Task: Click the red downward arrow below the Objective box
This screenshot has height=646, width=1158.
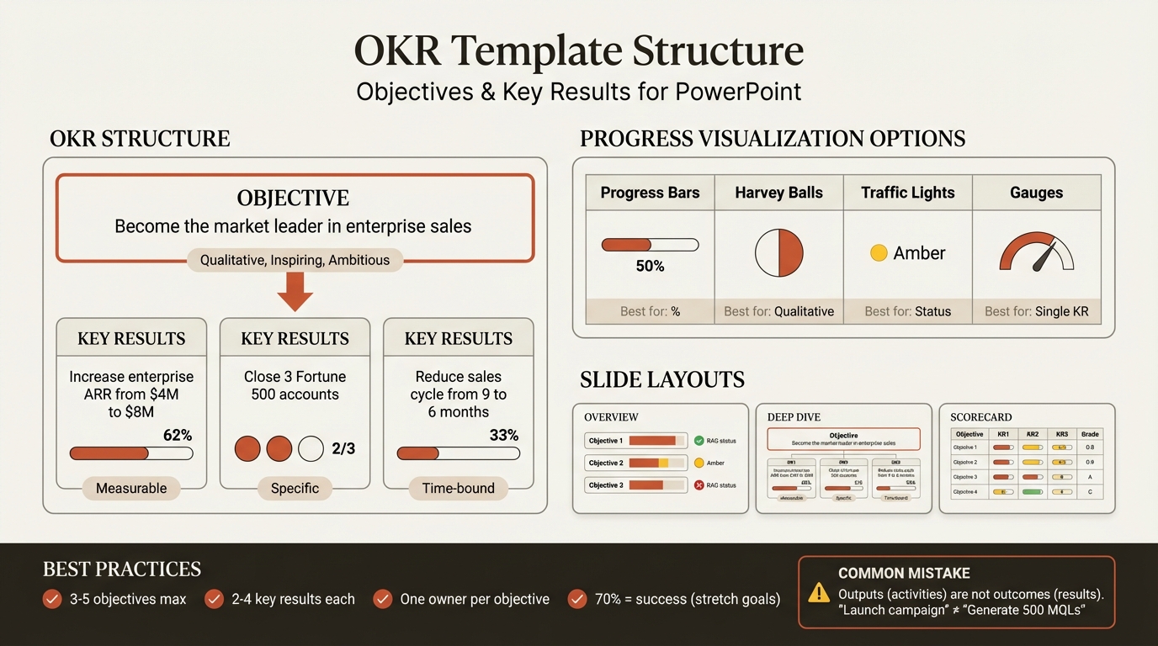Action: [x=295, y=292]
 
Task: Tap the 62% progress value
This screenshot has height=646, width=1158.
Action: [x=177, y=435]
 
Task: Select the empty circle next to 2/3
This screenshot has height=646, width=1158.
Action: [x=311, y=448]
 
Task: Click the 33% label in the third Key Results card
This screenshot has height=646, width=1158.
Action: [x=503, y=435]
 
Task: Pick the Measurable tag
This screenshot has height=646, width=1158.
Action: [x=131, y=488]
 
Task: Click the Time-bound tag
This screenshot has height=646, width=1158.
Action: [x=458, y=488]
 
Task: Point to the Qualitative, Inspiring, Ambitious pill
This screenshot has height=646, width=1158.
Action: [x=295, y=260]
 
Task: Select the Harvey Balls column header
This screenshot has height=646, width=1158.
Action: [x=778, y=193]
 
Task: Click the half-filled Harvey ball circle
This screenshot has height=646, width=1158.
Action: [x=778, y=253]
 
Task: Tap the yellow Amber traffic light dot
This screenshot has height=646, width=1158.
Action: [x=879, y=253]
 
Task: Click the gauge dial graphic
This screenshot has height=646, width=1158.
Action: [x=1036, y=253]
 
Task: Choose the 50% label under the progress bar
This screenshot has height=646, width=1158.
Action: [x=650, y=266]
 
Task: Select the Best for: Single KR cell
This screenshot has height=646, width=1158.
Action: [x=1036, y=311]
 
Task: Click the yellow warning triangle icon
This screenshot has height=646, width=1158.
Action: [x=818, y=593]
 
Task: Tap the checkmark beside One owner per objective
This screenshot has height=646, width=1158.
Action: [x=383, y=599]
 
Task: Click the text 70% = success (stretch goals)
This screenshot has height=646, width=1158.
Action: [x=686, y=599]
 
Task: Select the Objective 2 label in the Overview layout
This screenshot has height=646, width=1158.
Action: [x=605, y=463]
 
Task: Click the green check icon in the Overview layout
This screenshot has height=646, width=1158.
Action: [x=698, y=441]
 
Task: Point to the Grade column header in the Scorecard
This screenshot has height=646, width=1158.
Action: [x=1090, y=434]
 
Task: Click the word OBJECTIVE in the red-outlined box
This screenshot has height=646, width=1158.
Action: [x=293, y=199]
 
